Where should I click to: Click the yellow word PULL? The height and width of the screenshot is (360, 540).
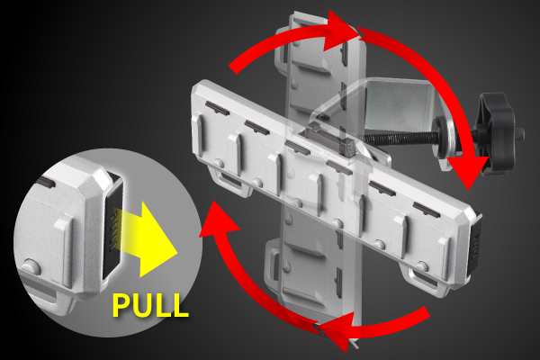point(150,305)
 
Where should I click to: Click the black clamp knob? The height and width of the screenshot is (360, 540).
point(494,133)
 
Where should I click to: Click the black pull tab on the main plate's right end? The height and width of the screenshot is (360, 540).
point(474,244)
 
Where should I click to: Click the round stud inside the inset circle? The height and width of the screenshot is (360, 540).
point(30,267)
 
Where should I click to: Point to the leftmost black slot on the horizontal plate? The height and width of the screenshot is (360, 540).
point(217,108)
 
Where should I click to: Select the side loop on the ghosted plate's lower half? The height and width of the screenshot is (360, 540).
point(272,263)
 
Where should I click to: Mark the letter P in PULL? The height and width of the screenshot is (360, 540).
point(121,305)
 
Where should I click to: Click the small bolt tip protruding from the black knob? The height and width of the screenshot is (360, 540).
point(519,132)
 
